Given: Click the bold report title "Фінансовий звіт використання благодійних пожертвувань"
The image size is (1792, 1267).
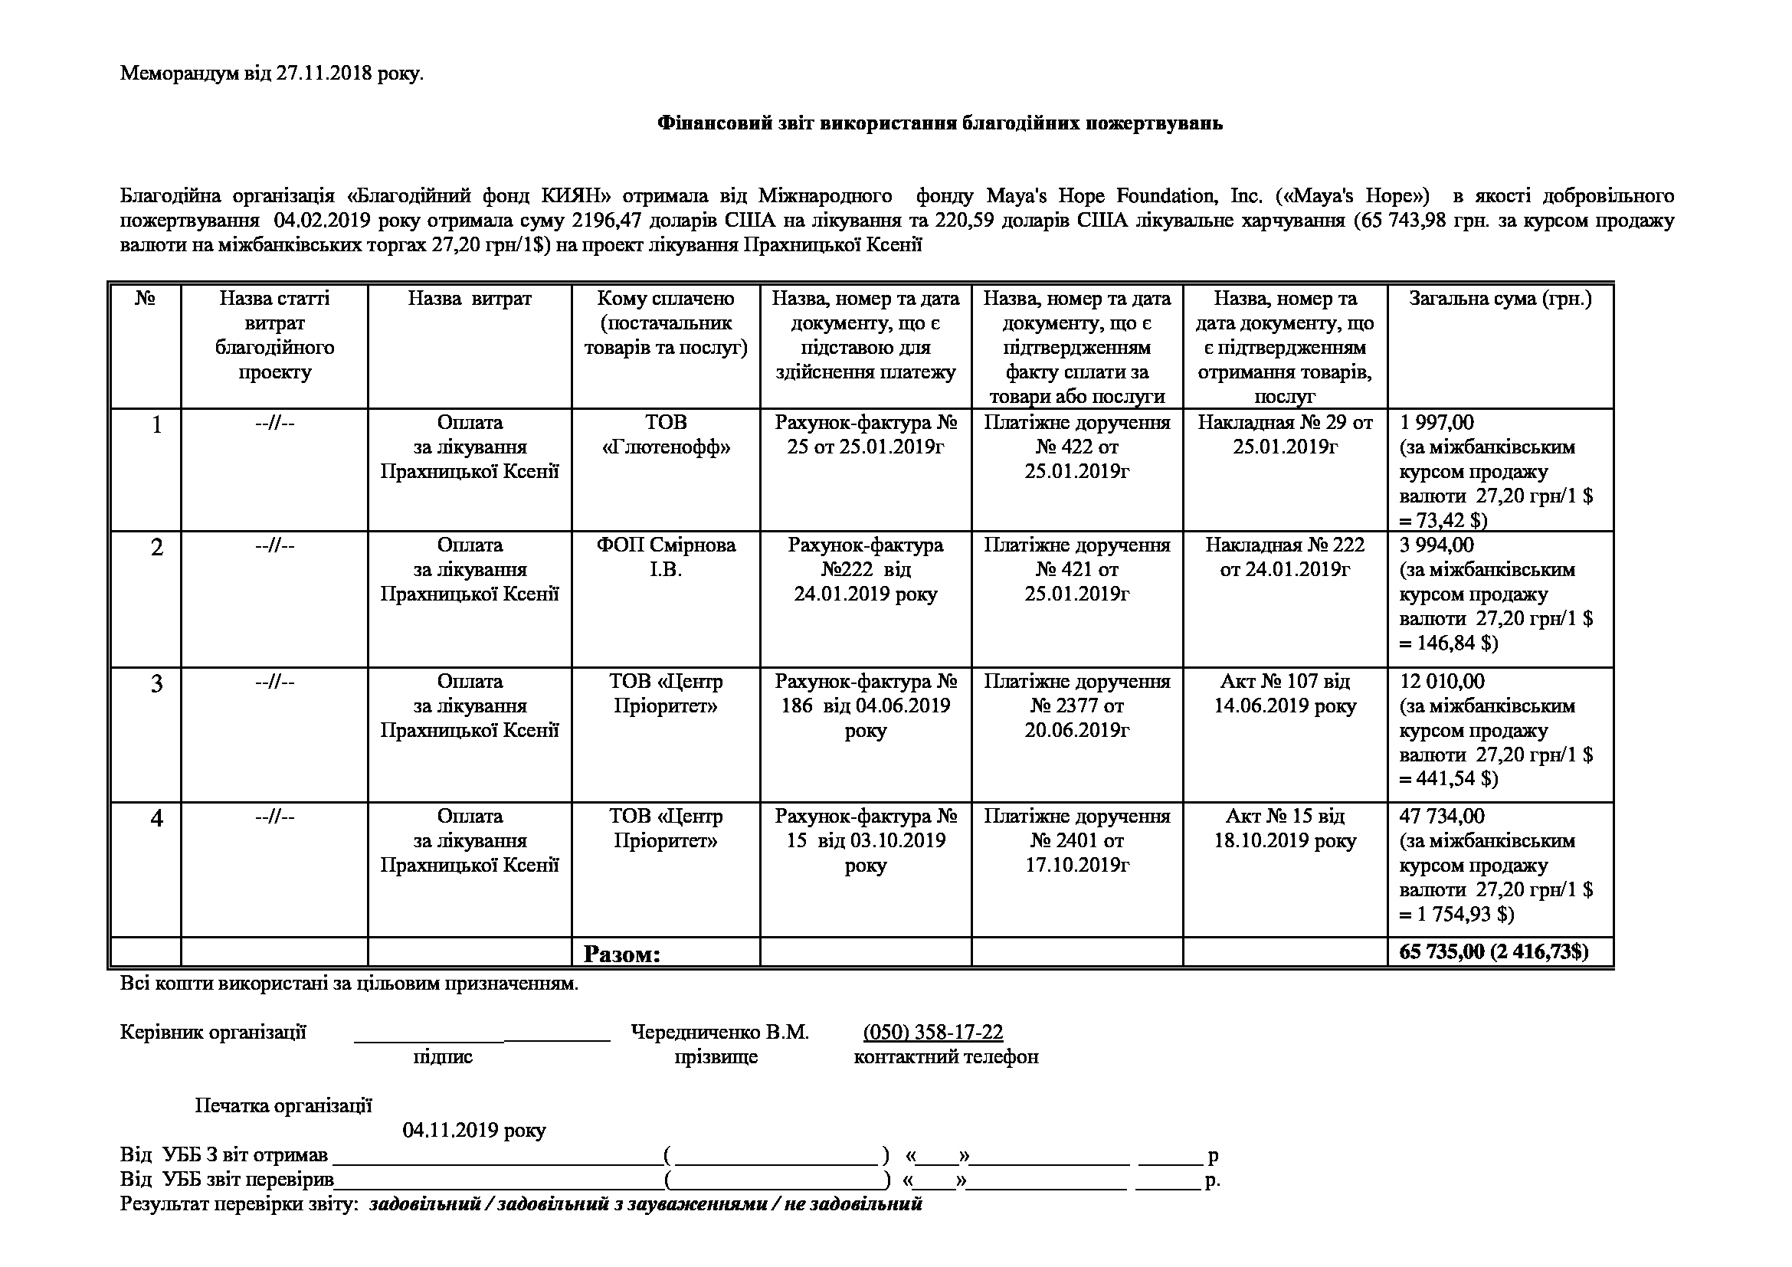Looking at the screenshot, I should point(940,123).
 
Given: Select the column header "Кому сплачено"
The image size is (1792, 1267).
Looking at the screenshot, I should point(665,299).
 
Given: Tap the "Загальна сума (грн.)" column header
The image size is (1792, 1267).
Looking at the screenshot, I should point(1500,299).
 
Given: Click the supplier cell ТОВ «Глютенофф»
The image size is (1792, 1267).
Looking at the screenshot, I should point(666,435).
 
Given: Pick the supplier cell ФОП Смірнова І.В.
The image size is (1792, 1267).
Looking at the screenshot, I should point(666,557).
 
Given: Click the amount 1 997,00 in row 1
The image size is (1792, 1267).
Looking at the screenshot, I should point(1436,423).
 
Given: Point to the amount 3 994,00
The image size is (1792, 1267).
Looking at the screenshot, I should point(1436,545).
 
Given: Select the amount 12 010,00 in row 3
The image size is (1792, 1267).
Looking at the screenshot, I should point(1442,681).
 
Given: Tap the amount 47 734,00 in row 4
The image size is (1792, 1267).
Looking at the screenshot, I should point(1442,816).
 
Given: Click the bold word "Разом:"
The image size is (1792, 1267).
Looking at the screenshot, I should point(622,954).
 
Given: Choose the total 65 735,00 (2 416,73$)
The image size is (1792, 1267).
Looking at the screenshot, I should point(1494,952).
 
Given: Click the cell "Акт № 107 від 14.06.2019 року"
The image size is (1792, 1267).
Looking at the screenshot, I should point(1285,693).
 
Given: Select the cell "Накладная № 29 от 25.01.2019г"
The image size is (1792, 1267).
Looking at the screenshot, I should point(1285,435).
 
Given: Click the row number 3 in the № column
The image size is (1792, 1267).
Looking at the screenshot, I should point(156,683).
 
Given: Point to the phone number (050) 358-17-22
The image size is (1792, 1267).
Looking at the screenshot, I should point(932,1032).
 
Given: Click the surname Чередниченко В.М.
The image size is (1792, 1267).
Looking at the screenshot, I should point(719,1032).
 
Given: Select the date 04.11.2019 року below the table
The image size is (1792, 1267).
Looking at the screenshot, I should point(473,1131).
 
